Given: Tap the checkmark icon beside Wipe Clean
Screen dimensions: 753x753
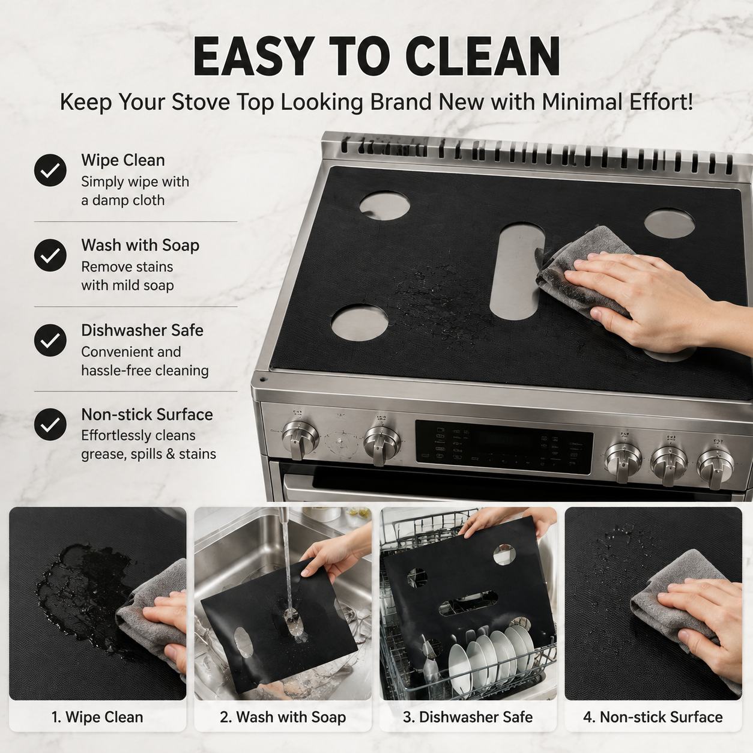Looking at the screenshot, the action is [50, 170].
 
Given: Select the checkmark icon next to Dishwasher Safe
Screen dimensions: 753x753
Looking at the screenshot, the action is [50, 340].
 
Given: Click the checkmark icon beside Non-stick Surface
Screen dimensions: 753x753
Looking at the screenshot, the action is [50, 425].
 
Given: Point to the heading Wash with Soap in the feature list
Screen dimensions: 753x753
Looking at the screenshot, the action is [141, 245].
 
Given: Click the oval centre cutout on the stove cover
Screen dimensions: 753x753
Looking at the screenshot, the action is [518, 271].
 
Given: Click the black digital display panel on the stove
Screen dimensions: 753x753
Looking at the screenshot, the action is [504, 447].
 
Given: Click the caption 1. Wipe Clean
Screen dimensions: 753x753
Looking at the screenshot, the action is [97, 717].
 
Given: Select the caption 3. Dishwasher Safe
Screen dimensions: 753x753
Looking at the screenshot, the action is [468, 717].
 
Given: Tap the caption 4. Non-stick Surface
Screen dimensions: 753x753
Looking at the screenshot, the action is [653, 717].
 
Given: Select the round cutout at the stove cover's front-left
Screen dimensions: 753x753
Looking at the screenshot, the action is [360, 323].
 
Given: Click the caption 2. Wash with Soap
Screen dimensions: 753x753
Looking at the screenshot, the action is [283, 717].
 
